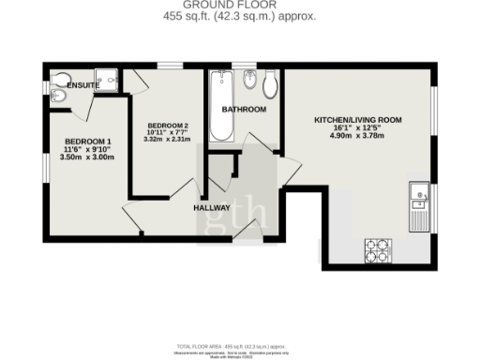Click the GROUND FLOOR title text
coord(240,5)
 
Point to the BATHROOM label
coord(244,110)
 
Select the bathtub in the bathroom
coord(222,105)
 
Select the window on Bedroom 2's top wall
coord(170,66)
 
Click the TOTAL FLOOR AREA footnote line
coord(240,346)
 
